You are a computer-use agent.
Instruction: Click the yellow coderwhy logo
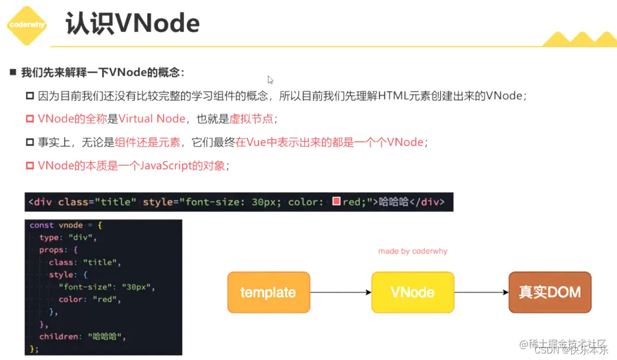(26, 25)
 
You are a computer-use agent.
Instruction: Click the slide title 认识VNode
(133, 24)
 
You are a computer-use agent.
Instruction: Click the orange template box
(268, 292)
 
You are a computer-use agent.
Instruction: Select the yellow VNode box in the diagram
(413, 292)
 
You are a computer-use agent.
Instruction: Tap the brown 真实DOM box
(550, 292)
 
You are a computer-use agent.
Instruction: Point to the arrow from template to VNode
(341, 293)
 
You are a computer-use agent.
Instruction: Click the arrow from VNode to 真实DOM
(481, 293)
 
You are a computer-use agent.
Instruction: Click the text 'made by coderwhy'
(413, 251)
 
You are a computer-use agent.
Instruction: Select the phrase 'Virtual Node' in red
(152, 119)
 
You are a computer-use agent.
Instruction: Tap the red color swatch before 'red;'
(336, 202)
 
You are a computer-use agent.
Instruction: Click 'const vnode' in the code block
(56, 225)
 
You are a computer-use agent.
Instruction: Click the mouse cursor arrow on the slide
(270, 79)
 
